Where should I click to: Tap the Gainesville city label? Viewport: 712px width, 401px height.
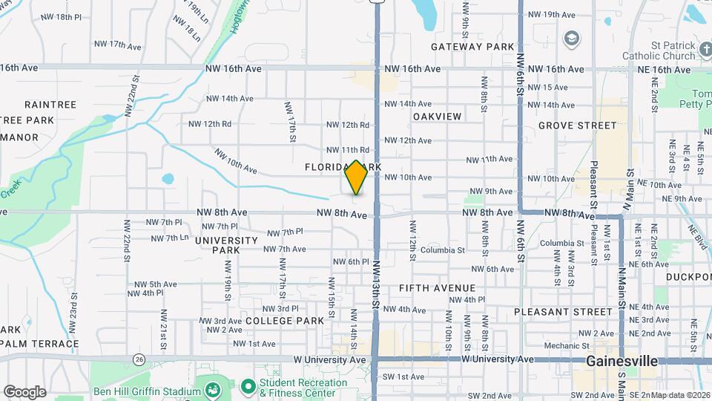[622, 361]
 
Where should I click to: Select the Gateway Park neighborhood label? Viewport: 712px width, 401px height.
[472, 47]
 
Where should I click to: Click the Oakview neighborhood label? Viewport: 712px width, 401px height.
[437, 117]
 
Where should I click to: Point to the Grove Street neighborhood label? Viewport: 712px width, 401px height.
[578, 125]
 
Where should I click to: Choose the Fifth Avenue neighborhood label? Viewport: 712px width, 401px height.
[437, 287]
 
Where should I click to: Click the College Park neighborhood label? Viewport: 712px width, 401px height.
[285, 321]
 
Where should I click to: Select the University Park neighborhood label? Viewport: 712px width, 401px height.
[226, 245]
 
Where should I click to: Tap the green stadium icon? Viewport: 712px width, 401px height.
[213, 390]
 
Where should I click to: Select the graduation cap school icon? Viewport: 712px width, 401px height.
[572, 38]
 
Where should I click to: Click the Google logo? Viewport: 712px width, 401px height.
[24, 391]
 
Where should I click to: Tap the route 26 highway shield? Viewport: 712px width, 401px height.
[139, 359]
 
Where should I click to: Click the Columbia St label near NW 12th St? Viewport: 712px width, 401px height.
[442, 250]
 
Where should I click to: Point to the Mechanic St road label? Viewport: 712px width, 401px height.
[566, 345]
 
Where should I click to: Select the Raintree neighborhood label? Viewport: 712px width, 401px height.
[50, 105]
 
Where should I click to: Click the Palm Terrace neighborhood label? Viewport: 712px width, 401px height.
[40, 344]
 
